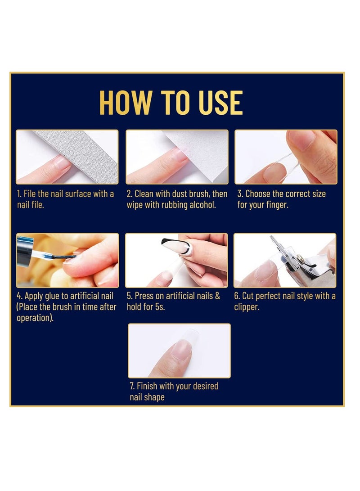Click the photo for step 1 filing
click(67, 157)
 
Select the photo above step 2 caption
click(177, 157)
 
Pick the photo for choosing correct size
click(285, 157)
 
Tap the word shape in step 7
click(155, 397)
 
